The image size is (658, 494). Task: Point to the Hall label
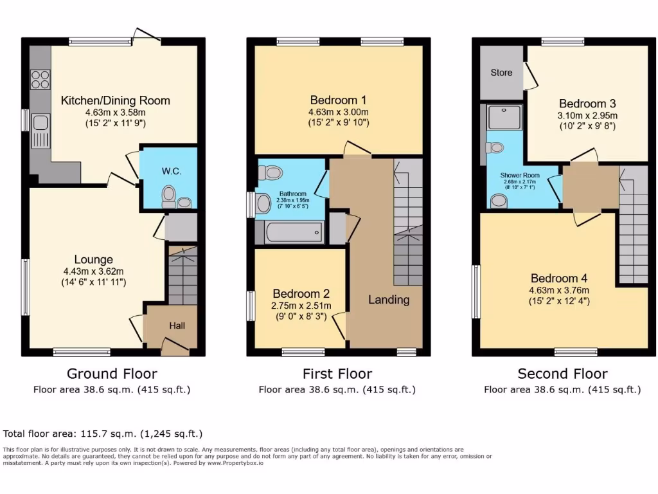pos(177,326)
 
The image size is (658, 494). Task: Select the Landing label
pos(389,299)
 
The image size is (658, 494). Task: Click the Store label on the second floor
pos(501,73)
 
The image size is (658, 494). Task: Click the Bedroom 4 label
pos(558,279)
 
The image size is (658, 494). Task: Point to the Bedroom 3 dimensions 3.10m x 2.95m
pos(587,116)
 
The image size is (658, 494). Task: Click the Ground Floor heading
pos(112,374)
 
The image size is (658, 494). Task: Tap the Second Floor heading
pos(562,374)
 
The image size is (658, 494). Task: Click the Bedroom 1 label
pos(338,100)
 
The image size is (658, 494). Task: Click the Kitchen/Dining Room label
pos(116,100)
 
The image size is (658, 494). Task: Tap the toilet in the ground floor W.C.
pos(170,195)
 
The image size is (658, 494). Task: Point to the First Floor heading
pos(337,374)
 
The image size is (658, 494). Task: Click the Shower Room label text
pos(520,175)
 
